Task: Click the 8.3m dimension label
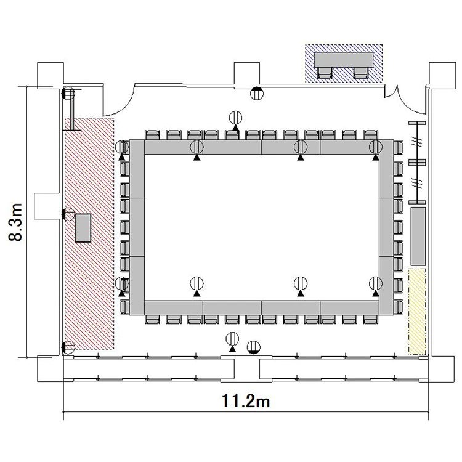(15, 222)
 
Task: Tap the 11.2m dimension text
(245, 401)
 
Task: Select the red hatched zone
(89, 233)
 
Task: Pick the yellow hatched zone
(417, 312)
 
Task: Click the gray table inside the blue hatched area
(344, 60)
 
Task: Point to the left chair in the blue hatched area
(325, 73)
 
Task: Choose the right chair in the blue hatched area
(361, 73)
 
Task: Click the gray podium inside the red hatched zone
(83, 228)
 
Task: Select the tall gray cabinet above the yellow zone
(418, 237)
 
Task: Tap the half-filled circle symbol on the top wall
(257, 94)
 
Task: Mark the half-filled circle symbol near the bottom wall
(254, 347)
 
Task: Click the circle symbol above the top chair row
(235, 118)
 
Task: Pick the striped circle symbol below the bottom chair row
(232, 339)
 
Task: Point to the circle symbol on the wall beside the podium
(68, 214)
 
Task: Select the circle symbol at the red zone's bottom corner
(68, 347)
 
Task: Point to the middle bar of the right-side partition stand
(417, 162)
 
